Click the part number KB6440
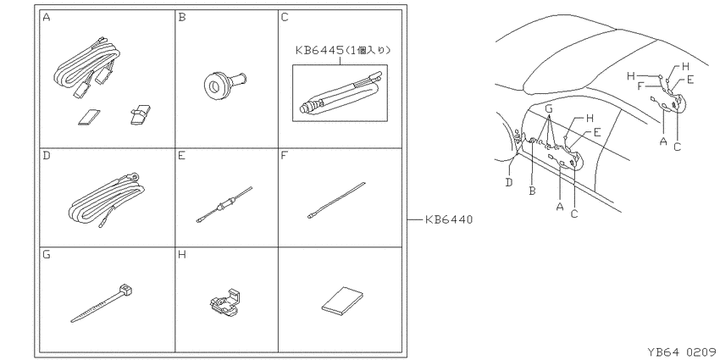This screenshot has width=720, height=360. (448, 220)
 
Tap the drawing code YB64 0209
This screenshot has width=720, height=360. (682, 352)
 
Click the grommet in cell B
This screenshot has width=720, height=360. (224, 84)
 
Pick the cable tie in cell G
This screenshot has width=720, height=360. (102, 303)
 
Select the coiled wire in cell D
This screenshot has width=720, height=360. (107, 199)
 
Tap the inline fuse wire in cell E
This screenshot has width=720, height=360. (224, 204)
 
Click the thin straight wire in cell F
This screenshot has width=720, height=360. (336, 200)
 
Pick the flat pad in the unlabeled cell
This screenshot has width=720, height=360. (341, 302)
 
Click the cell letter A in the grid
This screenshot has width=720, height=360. (46, 18)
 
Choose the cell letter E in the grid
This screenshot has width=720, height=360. (182, 156)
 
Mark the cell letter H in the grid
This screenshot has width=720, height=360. (182, 254)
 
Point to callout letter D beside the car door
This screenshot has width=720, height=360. (509, 182)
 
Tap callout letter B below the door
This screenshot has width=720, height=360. (532, 191)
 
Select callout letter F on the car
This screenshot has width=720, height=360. (641, 86)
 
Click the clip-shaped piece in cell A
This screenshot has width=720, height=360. (140, 115)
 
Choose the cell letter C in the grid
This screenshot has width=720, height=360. (285, 18)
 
